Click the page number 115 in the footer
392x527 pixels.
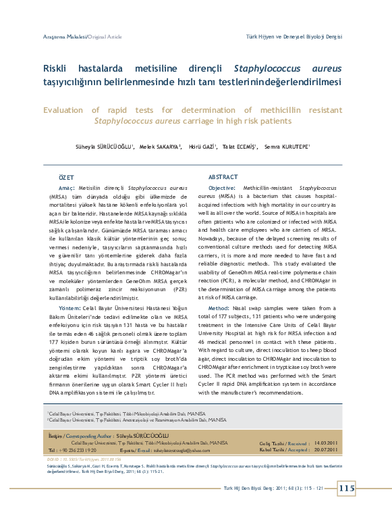coord(346,488)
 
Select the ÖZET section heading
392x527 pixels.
coord(67,176)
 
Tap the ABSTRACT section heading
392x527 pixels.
coord(223,176)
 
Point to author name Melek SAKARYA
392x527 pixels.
coord(160,146)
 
